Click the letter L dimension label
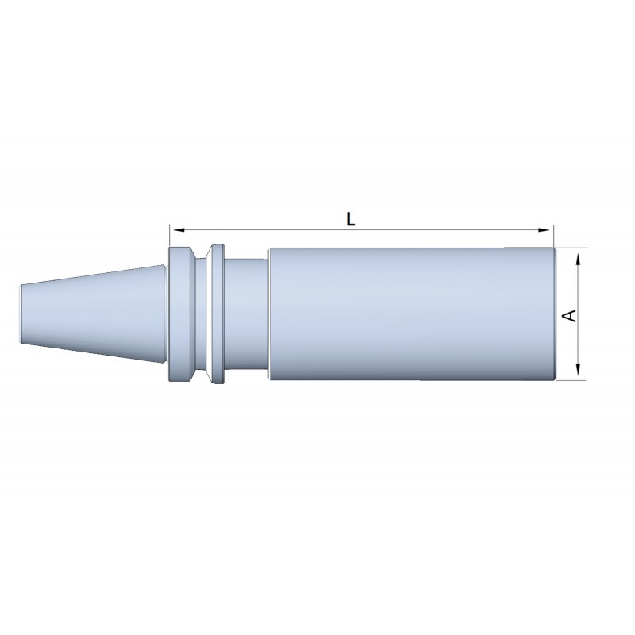351,220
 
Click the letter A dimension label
570,315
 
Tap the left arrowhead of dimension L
179,230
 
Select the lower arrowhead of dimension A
579,369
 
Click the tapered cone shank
93,314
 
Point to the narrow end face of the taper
21,314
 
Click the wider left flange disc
179,314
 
